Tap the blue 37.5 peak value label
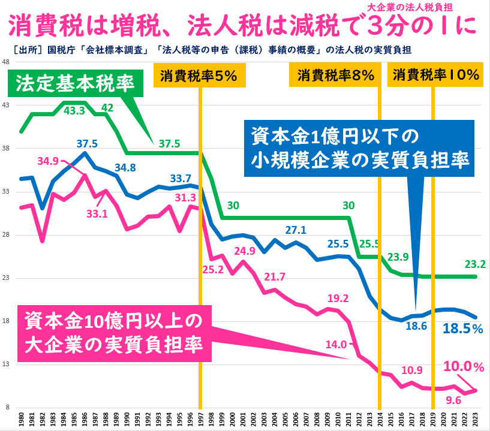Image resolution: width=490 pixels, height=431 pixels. coord(88,143)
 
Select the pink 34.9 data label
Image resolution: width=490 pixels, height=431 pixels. coord(48,161)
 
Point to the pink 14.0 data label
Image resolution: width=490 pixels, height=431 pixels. coord(336,344)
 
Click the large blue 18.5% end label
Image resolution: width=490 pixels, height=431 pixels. coord(462,328)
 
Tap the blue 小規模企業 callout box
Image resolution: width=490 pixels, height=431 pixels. coord(359,147)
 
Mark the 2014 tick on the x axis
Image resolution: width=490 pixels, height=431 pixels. coord(379,417)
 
